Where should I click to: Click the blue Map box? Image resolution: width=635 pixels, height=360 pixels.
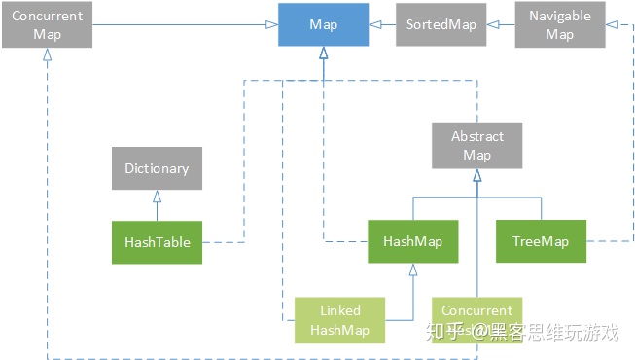(x=324, y=25)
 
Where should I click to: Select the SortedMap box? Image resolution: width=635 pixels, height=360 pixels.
(x=442, y=25)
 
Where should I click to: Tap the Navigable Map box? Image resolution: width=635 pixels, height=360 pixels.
(x=559, y=25)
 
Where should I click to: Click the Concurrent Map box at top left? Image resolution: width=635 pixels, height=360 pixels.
(x=47, y=25)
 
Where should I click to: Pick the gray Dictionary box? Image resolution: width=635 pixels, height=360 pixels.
(x=157, y=168)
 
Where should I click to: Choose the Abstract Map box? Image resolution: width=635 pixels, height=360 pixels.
(x=477, y=146)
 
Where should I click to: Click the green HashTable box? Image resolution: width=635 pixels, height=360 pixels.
(x=157, y=242)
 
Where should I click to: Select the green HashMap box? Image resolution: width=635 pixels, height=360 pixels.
(x=413, y=241)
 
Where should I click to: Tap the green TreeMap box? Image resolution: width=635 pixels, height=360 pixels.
(x=542, y=241)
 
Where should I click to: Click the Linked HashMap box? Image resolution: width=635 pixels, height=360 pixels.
(x=340, y=320)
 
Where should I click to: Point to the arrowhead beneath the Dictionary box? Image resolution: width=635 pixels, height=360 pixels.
(x=157, y=196)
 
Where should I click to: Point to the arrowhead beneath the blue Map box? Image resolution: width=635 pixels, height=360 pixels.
(x=324, y=54)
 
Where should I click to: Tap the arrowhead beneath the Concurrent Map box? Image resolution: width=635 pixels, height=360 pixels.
(x=47, y=54)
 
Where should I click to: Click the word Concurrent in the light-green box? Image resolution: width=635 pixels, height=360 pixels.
(x=476, y=311)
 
